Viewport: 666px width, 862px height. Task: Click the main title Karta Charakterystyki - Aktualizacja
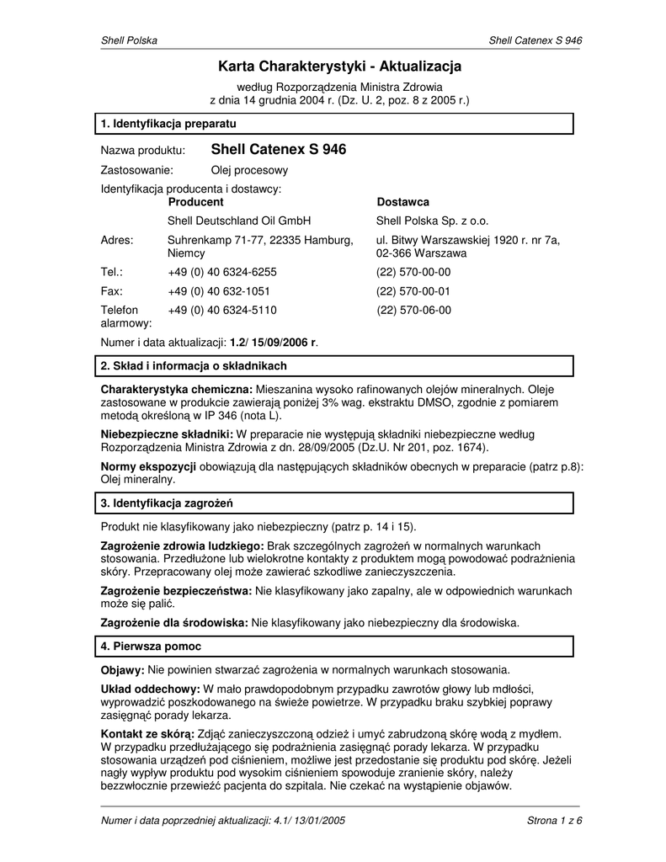[339, 66]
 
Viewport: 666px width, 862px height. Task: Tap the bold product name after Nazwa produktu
[278, 150]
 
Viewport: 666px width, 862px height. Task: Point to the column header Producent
[195, 202]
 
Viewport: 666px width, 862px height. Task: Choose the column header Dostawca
[402, 202]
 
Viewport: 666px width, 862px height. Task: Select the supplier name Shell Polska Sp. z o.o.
[432, 221]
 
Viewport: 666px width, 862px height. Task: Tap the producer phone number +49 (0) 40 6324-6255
[222, 272]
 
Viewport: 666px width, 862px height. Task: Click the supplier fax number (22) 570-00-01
[413, 291]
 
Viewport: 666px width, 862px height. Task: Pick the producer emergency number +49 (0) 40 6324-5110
[222, 310]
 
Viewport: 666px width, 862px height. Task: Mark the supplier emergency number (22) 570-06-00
[413, 310]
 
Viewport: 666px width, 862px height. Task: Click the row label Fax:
[112, 291]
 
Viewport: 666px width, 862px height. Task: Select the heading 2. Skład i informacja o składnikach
[194, 366]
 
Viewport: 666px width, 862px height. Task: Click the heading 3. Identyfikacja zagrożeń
[166, 503]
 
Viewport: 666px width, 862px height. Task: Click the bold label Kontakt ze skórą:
[147, 734]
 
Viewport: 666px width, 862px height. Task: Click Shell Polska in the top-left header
[129, 40]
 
